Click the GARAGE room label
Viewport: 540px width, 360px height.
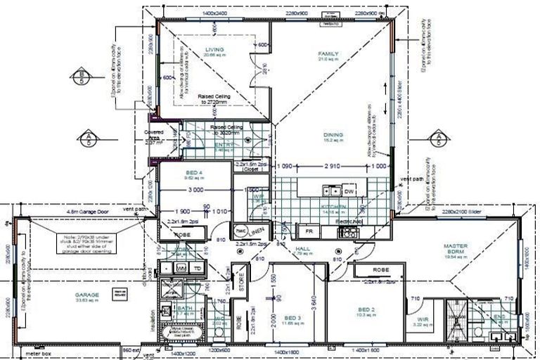(88, 295)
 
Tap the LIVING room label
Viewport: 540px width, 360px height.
(214, 50)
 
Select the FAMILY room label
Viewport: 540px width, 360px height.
(328, 54)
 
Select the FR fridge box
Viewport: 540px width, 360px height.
(308, 231)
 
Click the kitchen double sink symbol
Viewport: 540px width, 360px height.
(328, 191)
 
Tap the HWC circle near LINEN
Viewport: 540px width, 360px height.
(239, 231)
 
